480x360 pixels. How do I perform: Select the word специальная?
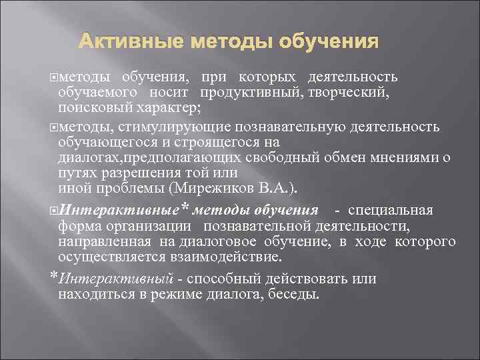(399, 211)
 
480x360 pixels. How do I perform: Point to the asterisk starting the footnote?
(53, 276)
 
